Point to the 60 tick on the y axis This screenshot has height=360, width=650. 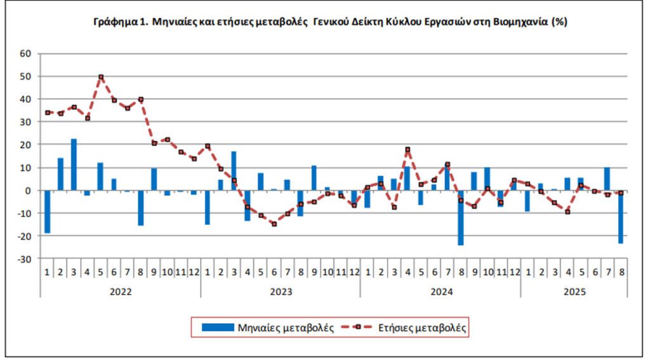25,53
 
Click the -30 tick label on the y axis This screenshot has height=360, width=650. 24,259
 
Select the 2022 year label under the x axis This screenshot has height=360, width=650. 121,291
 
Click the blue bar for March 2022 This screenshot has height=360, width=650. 74,164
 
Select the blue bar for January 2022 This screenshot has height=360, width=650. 48,212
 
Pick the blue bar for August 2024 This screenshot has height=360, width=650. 460,218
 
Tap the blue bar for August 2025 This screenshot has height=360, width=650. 620,217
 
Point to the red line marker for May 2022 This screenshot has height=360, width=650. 101,77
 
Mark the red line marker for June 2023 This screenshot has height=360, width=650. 274,223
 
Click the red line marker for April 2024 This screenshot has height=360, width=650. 407,150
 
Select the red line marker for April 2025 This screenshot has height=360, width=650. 567,212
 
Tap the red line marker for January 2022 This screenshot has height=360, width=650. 48,112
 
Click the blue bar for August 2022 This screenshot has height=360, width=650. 141,208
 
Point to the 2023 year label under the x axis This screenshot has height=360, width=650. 281,291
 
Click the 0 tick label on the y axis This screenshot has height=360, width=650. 29,190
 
